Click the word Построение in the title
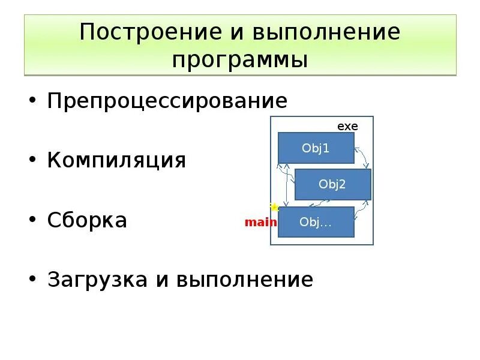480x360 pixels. tap(137, 32)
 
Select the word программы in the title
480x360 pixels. tap(240, 60)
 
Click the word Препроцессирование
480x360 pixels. tap(167, 100)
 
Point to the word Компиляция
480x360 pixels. tap(117, 160)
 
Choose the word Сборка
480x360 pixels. tap(88, 220)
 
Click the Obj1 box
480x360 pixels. tap(316, 148)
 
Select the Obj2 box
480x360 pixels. tap(333, 184)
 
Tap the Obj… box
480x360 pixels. tap(316, 221)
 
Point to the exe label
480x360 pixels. tap(347, 126)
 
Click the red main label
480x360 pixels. tap(260, 223)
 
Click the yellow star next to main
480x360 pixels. tap(274, 208)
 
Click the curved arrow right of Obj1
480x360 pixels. tap(362, 157)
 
